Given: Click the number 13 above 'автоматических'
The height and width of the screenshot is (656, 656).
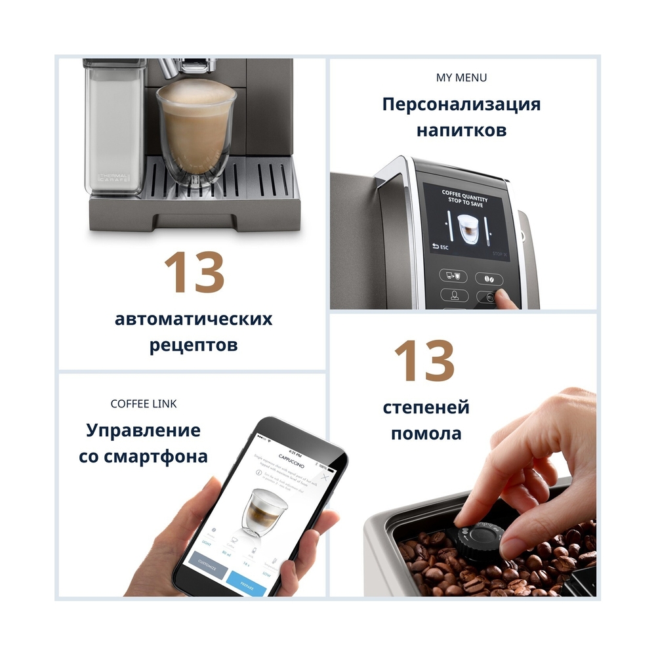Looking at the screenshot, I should (194, 272).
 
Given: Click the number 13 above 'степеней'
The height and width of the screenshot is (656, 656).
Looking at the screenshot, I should (424, 361).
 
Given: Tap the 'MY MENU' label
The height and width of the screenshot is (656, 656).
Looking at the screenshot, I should (462, 77).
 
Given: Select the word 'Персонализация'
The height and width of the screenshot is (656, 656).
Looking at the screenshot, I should (461, 104).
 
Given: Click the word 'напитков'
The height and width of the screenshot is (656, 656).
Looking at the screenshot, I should (461, 130).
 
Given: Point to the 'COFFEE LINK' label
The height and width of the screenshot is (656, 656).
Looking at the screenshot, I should (144, 403).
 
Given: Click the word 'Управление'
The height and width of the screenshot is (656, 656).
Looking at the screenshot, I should (144, 430).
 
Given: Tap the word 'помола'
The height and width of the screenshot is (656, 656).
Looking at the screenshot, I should (426, 433).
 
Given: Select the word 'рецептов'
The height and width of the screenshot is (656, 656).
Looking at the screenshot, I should (194, 344).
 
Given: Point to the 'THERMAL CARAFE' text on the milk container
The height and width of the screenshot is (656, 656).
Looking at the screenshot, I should (113, 177).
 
